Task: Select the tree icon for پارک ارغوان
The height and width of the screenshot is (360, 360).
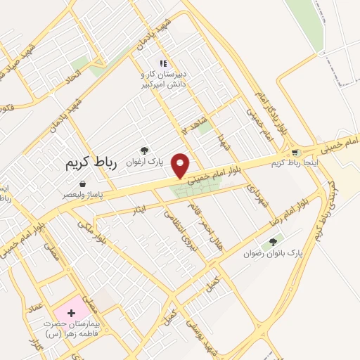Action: [145, 150]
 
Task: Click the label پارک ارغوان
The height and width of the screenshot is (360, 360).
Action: [145, 161]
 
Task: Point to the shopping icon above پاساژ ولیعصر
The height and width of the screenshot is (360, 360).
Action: [83, 184]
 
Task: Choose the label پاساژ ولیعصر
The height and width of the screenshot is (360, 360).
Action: [83, 193]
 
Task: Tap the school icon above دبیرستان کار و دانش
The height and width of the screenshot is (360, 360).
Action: [163, 64]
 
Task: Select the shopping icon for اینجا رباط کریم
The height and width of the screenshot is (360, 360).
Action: [295, 152]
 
